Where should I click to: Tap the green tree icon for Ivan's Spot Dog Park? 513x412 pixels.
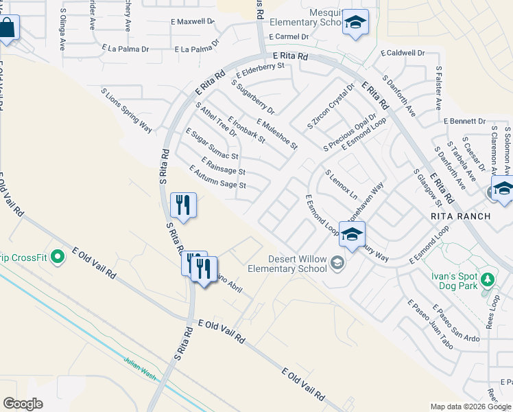(488, 279)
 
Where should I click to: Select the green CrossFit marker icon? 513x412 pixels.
(58, 257)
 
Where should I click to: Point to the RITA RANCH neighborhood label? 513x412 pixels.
(461, 216)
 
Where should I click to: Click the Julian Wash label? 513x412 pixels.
(141, 369)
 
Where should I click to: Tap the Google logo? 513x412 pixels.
(23, 404)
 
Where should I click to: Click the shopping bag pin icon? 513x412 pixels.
(8, 28)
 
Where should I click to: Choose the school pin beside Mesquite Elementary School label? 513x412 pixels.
(355, 22)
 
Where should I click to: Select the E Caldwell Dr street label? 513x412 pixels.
(402, 53)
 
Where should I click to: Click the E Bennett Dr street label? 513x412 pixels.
(464, 121)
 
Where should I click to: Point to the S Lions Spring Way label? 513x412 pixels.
(126, 110)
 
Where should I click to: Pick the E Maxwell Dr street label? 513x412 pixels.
(193, 22)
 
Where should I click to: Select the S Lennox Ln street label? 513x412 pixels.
(341, 183)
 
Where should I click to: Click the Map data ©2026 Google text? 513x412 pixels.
(470, 407)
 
